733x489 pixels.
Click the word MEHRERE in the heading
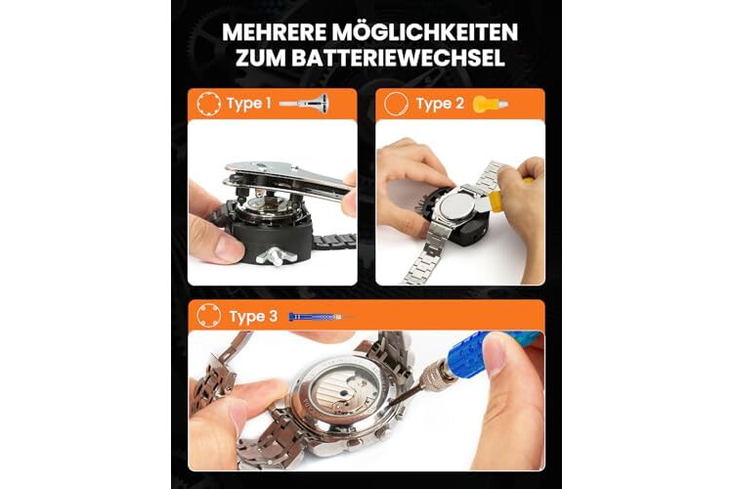pos(274,32)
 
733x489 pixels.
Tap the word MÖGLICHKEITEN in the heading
pos(425,32)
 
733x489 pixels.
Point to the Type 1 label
pos(248,104)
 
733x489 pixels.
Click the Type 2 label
pos(440,104)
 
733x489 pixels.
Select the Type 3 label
pos(253,316)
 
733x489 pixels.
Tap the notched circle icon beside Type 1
pos(208,104)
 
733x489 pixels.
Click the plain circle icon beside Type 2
pos(396,104)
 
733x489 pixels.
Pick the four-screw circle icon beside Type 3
pos(208,315)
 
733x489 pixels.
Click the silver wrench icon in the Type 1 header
pos(304,103)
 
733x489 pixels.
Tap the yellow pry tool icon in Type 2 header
pos(490,104)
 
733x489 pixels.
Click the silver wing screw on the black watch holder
pos(276,256)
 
